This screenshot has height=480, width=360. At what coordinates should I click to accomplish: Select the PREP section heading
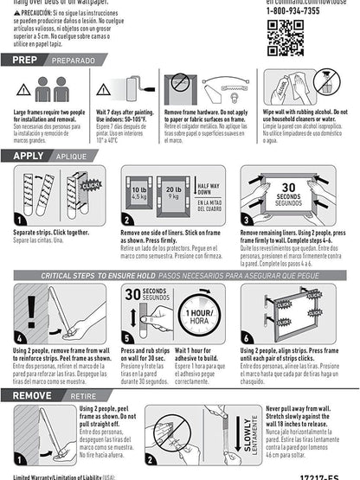click(24, 61)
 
